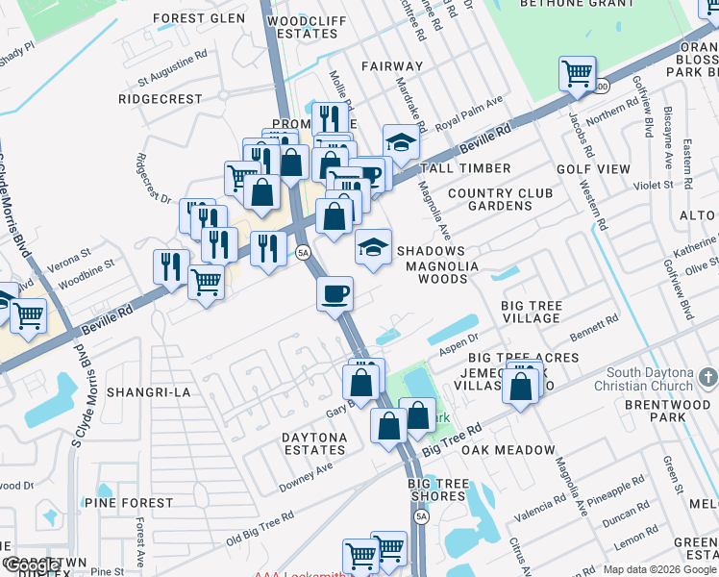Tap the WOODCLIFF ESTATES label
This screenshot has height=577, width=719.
click(303, 26)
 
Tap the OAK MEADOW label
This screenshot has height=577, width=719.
click(508, 450)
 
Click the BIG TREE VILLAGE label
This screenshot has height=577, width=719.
click(532, 312)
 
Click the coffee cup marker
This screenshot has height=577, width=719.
click(335, 293)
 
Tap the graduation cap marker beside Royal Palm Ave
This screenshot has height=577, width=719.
click(401, 142)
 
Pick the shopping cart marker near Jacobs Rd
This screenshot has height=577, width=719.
click(577, 73)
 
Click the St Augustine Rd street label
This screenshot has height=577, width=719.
click(173, 69)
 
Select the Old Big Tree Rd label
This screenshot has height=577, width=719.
click(260, 527)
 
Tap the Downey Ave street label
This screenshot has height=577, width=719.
click(306, 476)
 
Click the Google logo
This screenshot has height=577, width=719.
click(31, 564)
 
